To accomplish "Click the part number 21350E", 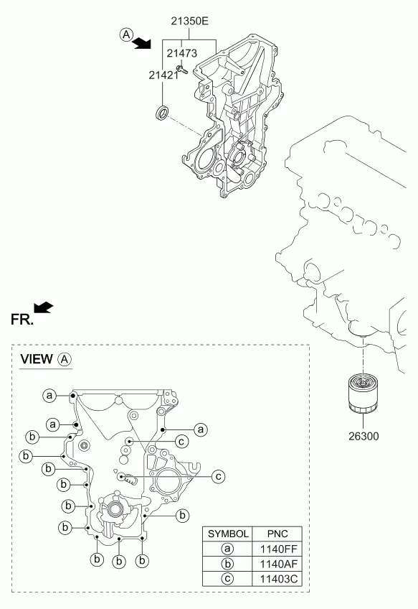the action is pyautogui.click(x=189, y=21).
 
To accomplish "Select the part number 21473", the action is pyautogui.click(x=182, y=53).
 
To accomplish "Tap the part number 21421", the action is pyautogui.click(x=163, y=75).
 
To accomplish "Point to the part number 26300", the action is pyautogui.click(x=364, y=436).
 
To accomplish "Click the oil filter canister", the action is pyautogui.click(x=364, y=393).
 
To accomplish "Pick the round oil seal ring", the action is pyautogui.click(x=162, y=112).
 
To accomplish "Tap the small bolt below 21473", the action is pyautogui.click(x=181, y=70).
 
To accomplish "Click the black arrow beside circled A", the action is pyautogui.click(x=141, y=43).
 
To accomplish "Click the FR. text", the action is pyautogui.click(x=22, y=320).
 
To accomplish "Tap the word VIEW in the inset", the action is pyautogui.click(x=37, y=359).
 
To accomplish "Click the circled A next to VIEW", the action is pyautogui.click(x=65, y=359).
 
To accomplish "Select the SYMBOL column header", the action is pyautogui.click(x=228, y=534).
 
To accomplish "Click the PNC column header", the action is pyautogui.click(x=277, y=534).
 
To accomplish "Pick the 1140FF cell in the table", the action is pyautogui.click(x=278, y=549).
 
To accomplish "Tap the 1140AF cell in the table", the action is pyautogui.click(x=278, y=564).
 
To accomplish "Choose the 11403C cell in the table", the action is pyautogui.click(x=278, y=579).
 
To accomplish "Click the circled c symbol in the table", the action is pyautogui.click(x=227, y=579).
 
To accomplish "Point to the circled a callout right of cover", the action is pyautogui.click(x=201, y=429).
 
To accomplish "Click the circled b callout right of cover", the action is pyautogui.click(x=182, y=516).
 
